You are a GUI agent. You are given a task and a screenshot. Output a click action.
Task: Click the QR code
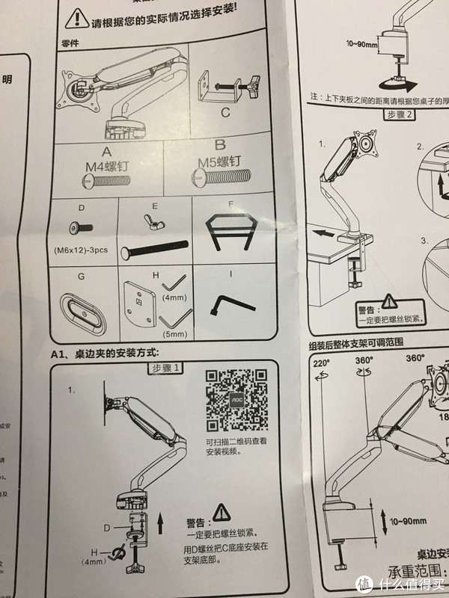[236, 399]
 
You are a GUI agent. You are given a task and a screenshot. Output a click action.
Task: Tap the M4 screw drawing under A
[109, 179]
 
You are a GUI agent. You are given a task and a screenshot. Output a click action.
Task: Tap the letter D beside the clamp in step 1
[107, 528]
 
